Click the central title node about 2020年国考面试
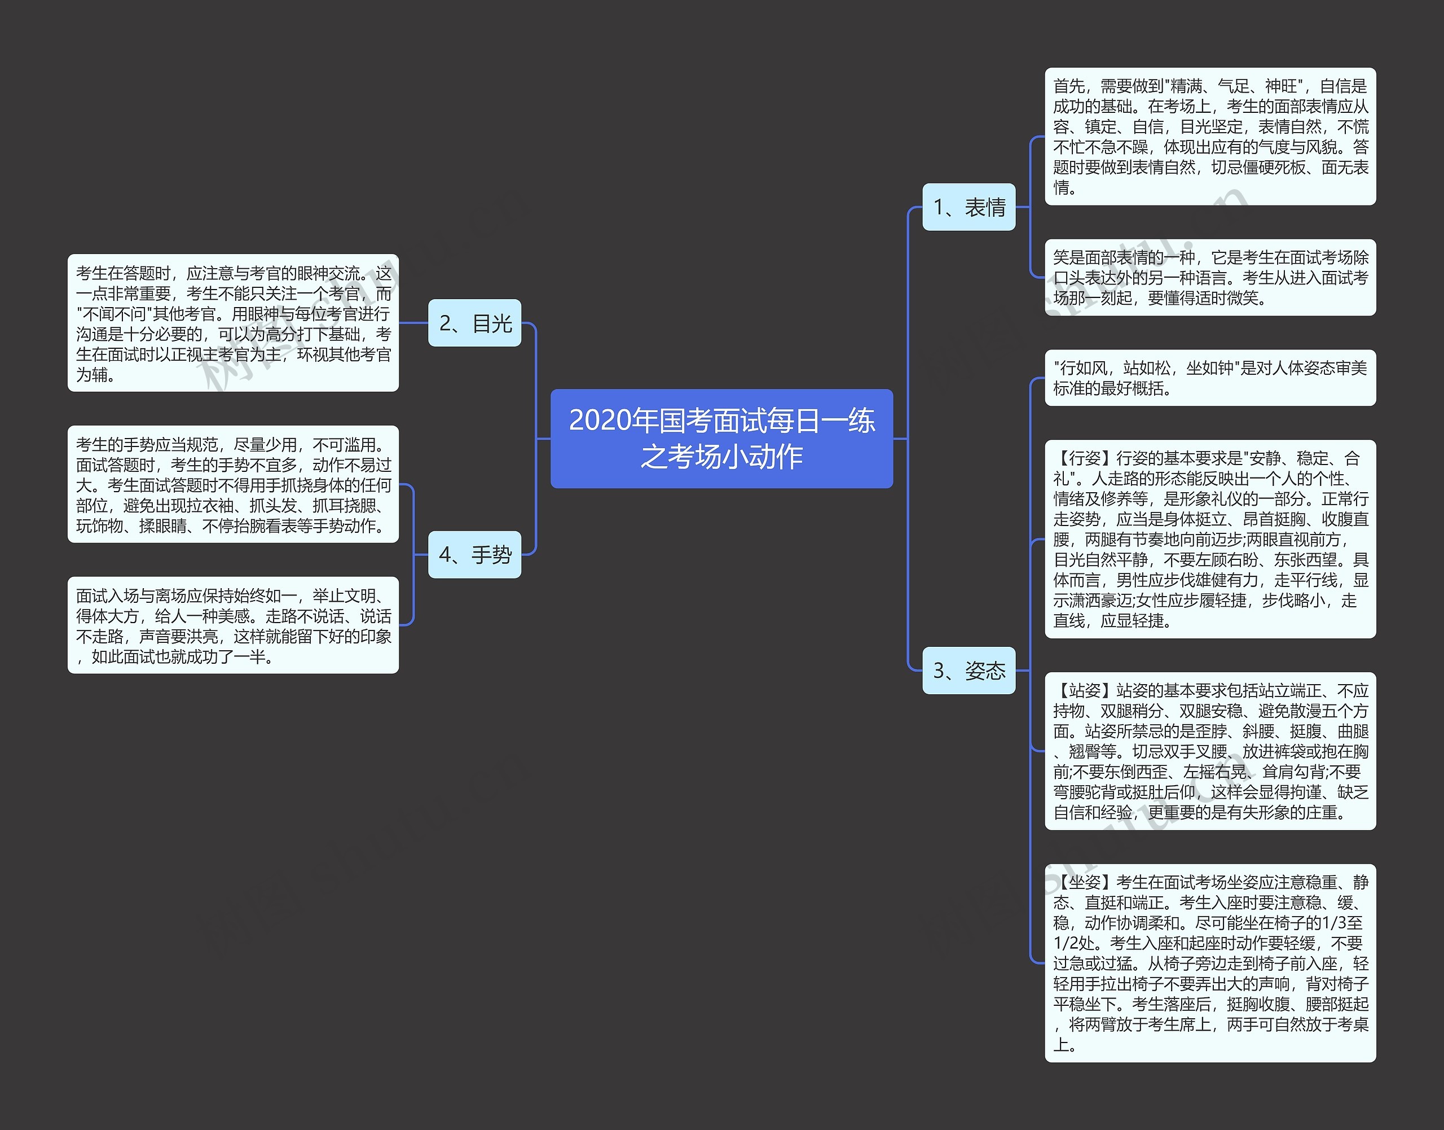(721, 438)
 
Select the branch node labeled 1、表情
(968, 207)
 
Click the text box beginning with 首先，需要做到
(1209, 136)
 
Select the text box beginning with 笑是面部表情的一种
(1209, 277)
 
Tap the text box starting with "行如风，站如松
(1209, 378)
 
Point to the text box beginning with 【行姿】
(1209, 538)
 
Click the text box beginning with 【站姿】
(1209, 751)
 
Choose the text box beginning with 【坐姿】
(1209, 962)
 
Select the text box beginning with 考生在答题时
(233, 323)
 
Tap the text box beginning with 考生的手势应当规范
(233, 484)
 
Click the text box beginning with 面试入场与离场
(233, 625)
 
